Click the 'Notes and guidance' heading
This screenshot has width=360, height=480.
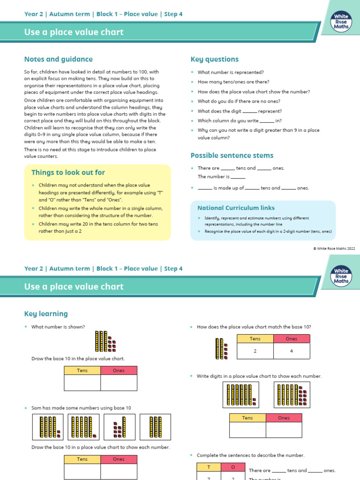click(58, 59)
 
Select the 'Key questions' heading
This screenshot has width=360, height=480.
click(214, 59)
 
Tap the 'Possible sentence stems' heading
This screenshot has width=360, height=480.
click(232, 155)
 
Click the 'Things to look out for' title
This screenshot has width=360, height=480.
click(68, 172)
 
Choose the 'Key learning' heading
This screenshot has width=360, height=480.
click(46, 314)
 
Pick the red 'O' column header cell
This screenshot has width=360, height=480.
click(233, 467)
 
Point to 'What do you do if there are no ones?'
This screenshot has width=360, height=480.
click(239, 101)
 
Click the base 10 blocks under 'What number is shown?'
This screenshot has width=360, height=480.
click(105, 342)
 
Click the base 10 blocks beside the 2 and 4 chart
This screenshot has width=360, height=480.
click(220, 350)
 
